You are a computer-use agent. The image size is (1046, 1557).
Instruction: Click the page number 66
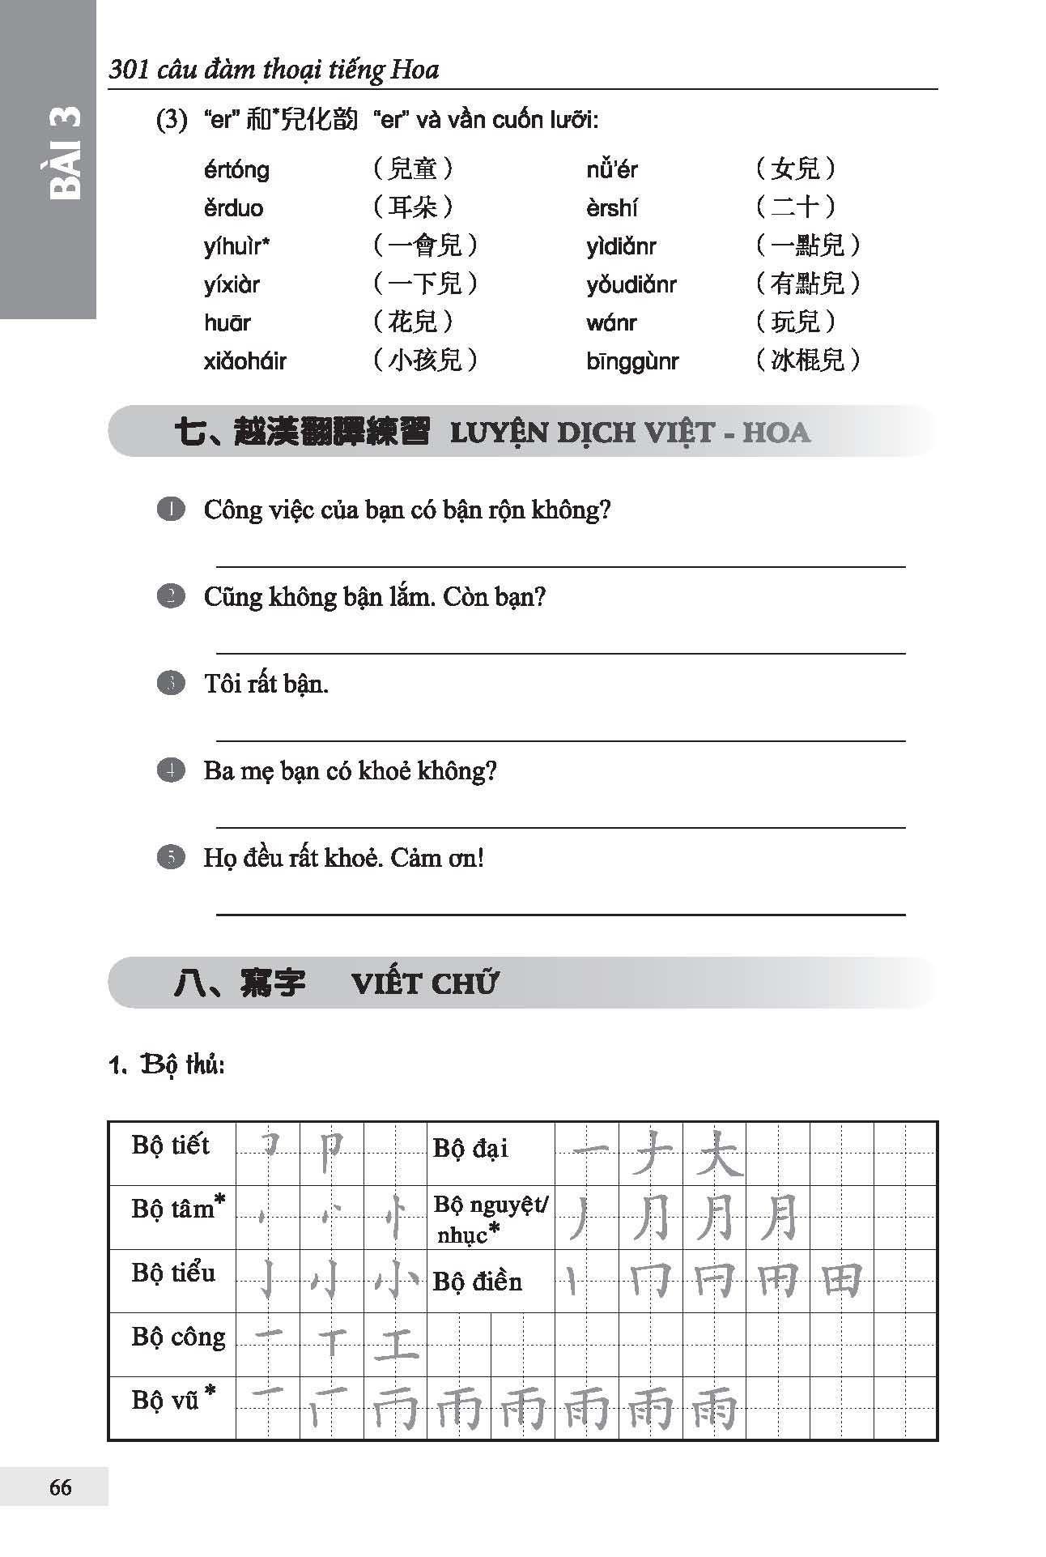tap(61, 1487)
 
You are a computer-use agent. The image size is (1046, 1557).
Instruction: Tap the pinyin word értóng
tap(236, 170)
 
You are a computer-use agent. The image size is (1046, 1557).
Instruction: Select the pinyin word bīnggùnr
tap(632, 361)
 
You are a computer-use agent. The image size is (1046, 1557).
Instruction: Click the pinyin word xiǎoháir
tap(245, 361)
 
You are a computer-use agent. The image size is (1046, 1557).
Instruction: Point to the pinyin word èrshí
tap(611, 208)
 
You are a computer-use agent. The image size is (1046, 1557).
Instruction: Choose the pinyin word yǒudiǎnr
tap(631, 285)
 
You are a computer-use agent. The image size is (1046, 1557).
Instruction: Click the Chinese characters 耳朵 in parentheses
tap(413, 207)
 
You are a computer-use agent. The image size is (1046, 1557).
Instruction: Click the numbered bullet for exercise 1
tap(171, 510)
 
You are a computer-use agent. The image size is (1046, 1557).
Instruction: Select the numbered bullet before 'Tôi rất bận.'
tap(171, 683)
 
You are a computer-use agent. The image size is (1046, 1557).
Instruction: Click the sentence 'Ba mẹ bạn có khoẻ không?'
tap(350, 770)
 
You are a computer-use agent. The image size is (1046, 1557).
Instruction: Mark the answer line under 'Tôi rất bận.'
tap(560, 740)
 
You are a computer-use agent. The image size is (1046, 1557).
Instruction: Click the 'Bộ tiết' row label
tap(170, 1145)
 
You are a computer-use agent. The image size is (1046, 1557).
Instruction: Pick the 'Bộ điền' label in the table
tap(478, 1282)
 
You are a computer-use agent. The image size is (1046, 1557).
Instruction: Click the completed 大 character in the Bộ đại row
tap(716, 1153)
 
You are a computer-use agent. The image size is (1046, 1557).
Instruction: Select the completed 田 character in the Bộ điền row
tap(841, 1281)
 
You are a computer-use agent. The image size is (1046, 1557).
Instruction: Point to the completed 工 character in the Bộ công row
tap(396, 1344)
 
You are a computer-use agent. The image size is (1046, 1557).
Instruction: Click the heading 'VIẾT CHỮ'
tap(425, 983)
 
